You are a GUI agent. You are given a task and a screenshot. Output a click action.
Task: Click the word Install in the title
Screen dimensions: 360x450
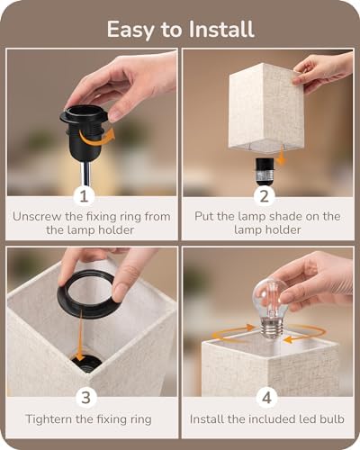[x=221, y=29]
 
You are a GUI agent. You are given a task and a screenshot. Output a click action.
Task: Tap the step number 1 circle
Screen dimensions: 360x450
[x=84, y=196]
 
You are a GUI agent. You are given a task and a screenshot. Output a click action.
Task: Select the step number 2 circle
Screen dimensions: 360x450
[x=264, y=196]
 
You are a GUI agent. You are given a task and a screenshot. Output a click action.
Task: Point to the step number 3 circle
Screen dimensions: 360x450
[x=85, y=398]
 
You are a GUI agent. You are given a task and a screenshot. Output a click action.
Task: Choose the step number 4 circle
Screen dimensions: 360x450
[x=266, y=398]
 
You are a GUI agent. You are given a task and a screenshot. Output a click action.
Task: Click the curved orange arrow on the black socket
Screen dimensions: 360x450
[x=96, y=139]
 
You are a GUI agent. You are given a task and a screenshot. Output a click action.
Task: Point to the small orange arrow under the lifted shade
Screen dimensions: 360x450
[x=281, y=156]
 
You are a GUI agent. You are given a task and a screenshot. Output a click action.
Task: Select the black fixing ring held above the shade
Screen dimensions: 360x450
[x=86, y=291]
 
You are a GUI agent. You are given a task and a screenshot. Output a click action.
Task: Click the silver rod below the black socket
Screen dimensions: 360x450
[x=84, y=175]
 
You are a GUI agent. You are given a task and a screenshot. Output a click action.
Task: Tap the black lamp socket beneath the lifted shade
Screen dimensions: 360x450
[x=265, y=171]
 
